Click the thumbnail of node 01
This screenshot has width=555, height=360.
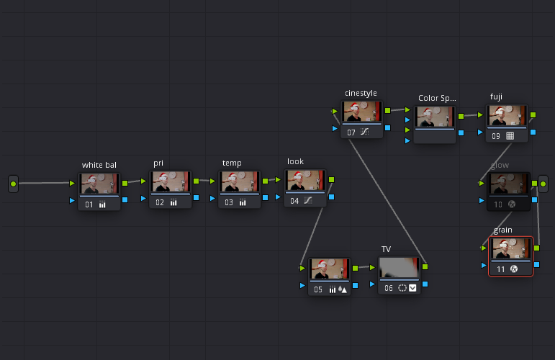coord(99,183)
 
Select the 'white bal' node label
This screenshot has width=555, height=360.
coord(99,165)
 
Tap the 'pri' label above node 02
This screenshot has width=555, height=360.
coord(158,163)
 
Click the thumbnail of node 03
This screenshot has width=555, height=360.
coord(240,181)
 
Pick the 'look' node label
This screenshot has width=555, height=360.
coord(295,162)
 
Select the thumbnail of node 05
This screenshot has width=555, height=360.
coord(329,269)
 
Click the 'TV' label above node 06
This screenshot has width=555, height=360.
coord(386,249)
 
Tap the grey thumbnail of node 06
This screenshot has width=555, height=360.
coord(398,269)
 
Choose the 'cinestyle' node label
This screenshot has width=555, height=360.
coord(361,93)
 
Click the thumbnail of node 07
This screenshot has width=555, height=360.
coord(361,112)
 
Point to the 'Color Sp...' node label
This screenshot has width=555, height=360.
coord(437,98)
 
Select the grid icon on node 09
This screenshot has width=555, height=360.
coord(510,135)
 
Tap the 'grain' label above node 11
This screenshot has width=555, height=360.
coord(503,230)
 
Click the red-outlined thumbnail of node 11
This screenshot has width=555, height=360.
coord(511,249)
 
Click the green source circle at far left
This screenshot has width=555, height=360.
coord(13,184)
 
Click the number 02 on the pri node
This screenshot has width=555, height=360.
coord(160,203)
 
